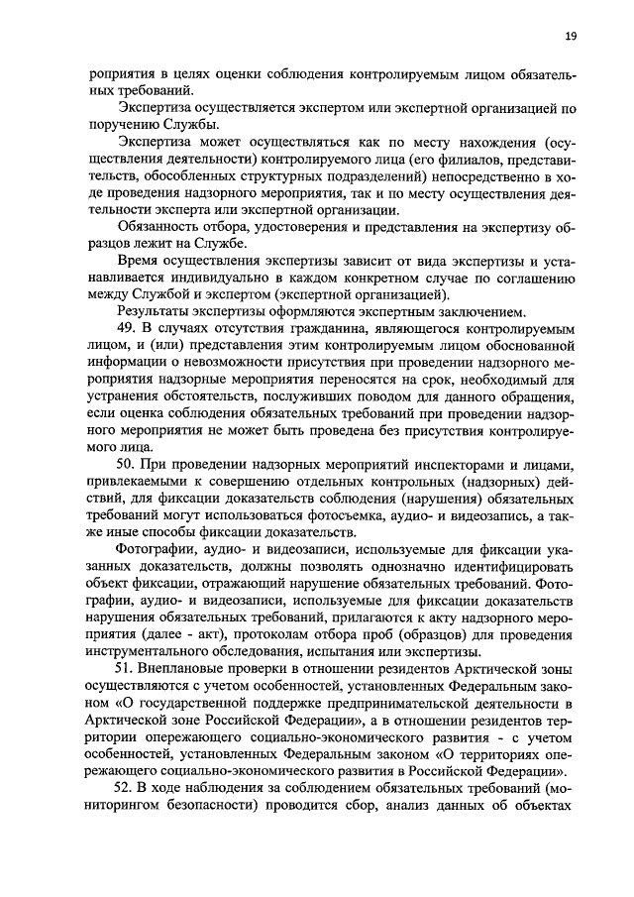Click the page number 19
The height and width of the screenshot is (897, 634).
pyautogui.click(x=571, y=37)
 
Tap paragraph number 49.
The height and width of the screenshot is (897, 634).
pyautogui.click(x=126, y=328)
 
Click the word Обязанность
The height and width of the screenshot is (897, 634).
pyautogui.click(x=159, y=226)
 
